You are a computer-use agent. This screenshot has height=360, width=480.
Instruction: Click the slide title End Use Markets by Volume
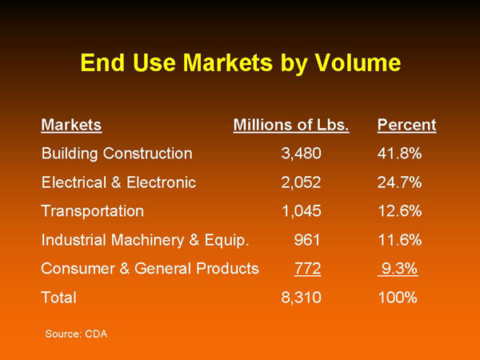tap(241, 63)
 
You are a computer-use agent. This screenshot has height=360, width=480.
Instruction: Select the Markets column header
tap(71, 125)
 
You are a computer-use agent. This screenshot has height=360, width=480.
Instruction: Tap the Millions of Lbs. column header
tap(291, 125)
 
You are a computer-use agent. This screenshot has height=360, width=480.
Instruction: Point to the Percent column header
tap(407, 125)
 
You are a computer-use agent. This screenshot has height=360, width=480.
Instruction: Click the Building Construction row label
tap(117, 154)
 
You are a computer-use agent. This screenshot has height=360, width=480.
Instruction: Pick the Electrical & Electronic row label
tap(118, 182)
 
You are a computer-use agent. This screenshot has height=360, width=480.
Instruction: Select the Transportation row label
tap(93, 211)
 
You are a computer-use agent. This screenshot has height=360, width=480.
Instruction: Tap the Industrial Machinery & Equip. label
tap(145, 240)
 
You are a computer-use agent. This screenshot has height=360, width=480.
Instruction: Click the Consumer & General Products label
tap(150, 269)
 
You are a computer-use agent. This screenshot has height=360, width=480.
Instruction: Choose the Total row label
tap(58, 298)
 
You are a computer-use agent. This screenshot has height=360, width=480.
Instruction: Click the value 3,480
tap(302, 154)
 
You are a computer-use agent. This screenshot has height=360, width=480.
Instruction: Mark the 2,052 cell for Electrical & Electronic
tap(302, 182)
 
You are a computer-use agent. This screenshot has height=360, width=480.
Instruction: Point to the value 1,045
tap(302, 211)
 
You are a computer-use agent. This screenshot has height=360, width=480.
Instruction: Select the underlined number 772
tap(308, 269)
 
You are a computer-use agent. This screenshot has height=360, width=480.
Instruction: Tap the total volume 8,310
tap(302, 298)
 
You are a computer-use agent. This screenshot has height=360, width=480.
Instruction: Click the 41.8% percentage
tap(399, 154)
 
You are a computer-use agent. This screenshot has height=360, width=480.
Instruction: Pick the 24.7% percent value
tap(399, 182)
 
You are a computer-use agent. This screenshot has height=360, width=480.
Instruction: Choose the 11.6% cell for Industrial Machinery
tap(400, 240)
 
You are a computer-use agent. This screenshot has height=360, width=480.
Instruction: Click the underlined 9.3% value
tap(398, 269)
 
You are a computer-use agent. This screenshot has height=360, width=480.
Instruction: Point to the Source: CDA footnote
tap(76, 334)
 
